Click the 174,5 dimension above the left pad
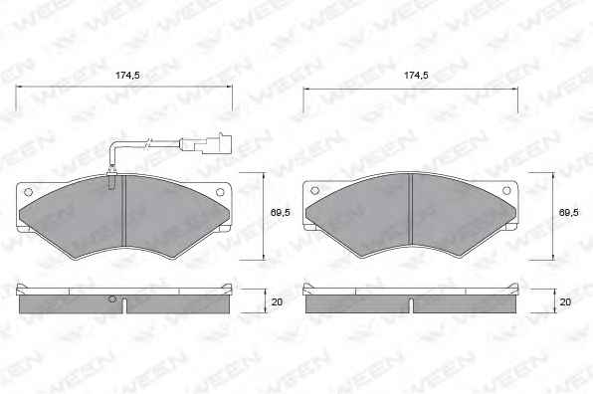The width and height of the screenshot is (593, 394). click(127, 76)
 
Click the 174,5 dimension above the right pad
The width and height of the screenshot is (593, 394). click(416, 76)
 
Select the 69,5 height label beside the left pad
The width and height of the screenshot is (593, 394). click(281, 213)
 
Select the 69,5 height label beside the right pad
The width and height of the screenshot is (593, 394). click(569, 213)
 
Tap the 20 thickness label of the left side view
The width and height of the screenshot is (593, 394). click(278, 302)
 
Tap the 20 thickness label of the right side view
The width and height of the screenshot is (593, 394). click(565, 302)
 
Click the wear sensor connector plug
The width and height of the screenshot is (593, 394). click(206, 143)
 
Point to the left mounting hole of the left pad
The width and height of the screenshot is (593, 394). click(29, 192)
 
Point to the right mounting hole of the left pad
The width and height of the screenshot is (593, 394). click(220, 192)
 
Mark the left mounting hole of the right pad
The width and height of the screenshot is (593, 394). click(315, 190)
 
